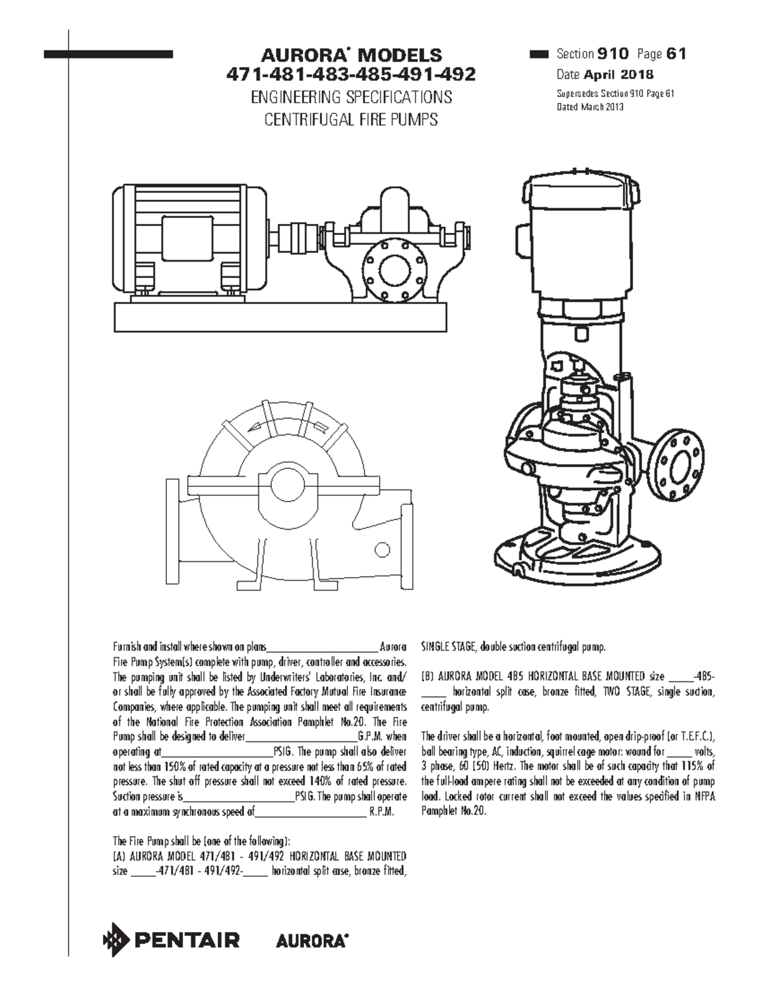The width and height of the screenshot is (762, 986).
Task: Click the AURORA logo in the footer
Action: coord(312,941)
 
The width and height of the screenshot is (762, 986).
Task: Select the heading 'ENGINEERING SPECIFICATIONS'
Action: coord(351,97)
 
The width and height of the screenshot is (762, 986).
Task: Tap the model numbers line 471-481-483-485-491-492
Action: coord(351,76)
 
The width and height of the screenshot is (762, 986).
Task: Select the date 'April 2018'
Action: coord(614,75)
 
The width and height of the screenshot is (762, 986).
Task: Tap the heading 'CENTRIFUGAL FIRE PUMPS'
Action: coord(351,119)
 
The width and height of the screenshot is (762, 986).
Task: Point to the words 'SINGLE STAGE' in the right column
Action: coord(449,648)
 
